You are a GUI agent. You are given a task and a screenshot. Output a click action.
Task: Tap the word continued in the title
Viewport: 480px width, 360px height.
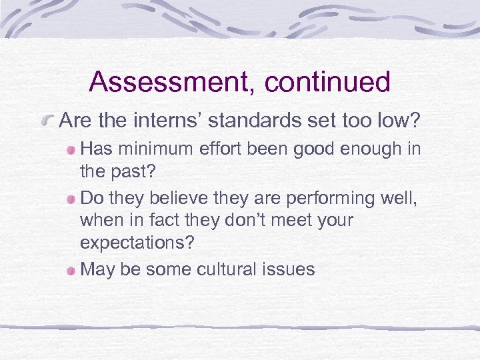point(327,82)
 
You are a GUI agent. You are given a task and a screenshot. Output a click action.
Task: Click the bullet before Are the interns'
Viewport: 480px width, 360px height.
point(47,121)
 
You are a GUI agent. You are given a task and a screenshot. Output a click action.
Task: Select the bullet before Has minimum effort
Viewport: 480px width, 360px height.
point(70,149)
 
